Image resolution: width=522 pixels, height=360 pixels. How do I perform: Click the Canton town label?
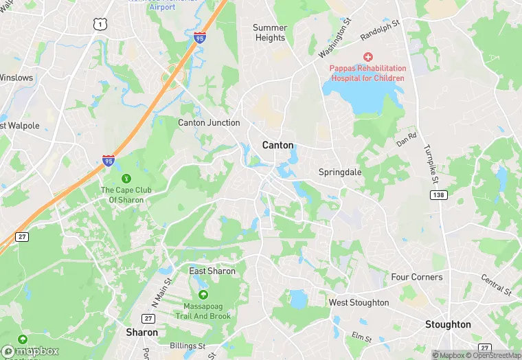[x=278, y=145]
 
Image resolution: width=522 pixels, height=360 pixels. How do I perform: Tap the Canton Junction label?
[x=209, y=123]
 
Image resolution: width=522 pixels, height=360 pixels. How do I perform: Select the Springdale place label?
[x=340, y=172]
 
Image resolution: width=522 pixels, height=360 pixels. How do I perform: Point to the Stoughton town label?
[x=448, y=324]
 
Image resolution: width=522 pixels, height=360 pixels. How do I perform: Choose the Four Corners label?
[x=417, y=277]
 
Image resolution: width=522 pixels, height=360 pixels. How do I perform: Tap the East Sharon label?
[x=212, y=271]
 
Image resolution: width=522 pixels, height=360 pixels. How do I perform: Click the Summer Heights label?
[x=270, y=33]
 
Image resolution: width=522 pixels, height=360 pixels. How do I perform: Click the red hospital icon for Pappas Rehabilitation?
[x=368, y=56]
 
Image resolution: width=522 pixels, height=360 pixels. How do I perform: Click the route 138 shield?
[x=438, y=196]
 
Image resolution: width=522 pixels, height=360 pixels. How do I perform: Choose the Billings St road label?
[x=188, y=346]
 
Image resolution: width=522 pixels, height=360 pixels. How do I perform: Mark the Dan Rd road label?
[x=407, y=138]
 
